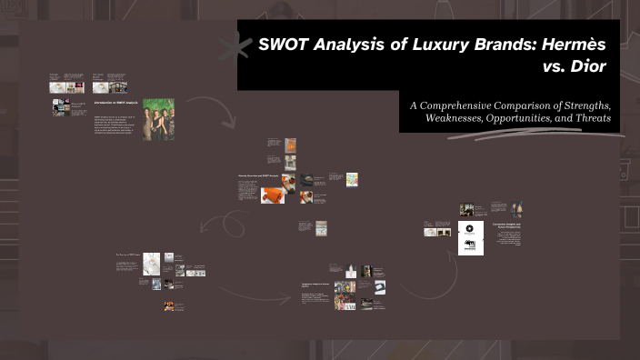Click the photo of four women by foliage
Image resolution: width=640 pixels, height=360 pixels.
[158, 119]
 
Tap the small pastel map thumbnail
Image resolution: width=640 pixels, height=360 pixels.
[352, 178]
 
